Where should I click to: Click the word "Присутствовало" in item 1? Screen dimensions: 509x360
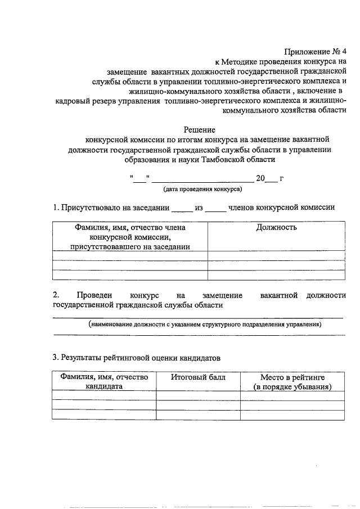click(91, 208)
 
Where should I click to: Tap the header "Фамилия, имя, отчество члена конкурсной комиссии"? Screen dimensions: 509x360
click(130, 237)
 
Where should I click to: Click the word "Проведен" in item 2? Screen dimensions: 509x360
click(94, 295)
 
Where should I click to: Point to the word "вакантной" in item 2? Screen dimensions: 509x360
click(279, 295)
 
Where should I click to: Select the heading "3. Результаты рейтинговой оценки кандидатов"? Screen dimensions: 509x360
click(137, 358)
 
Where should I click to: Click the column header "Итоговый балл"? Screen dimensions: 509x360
click(198, 377)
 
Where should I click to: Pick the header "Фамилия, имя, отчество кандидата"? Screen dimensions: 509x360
click(104, 382)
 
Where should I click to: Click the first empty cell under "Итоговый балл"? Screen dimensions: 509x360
click(198, 395)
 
